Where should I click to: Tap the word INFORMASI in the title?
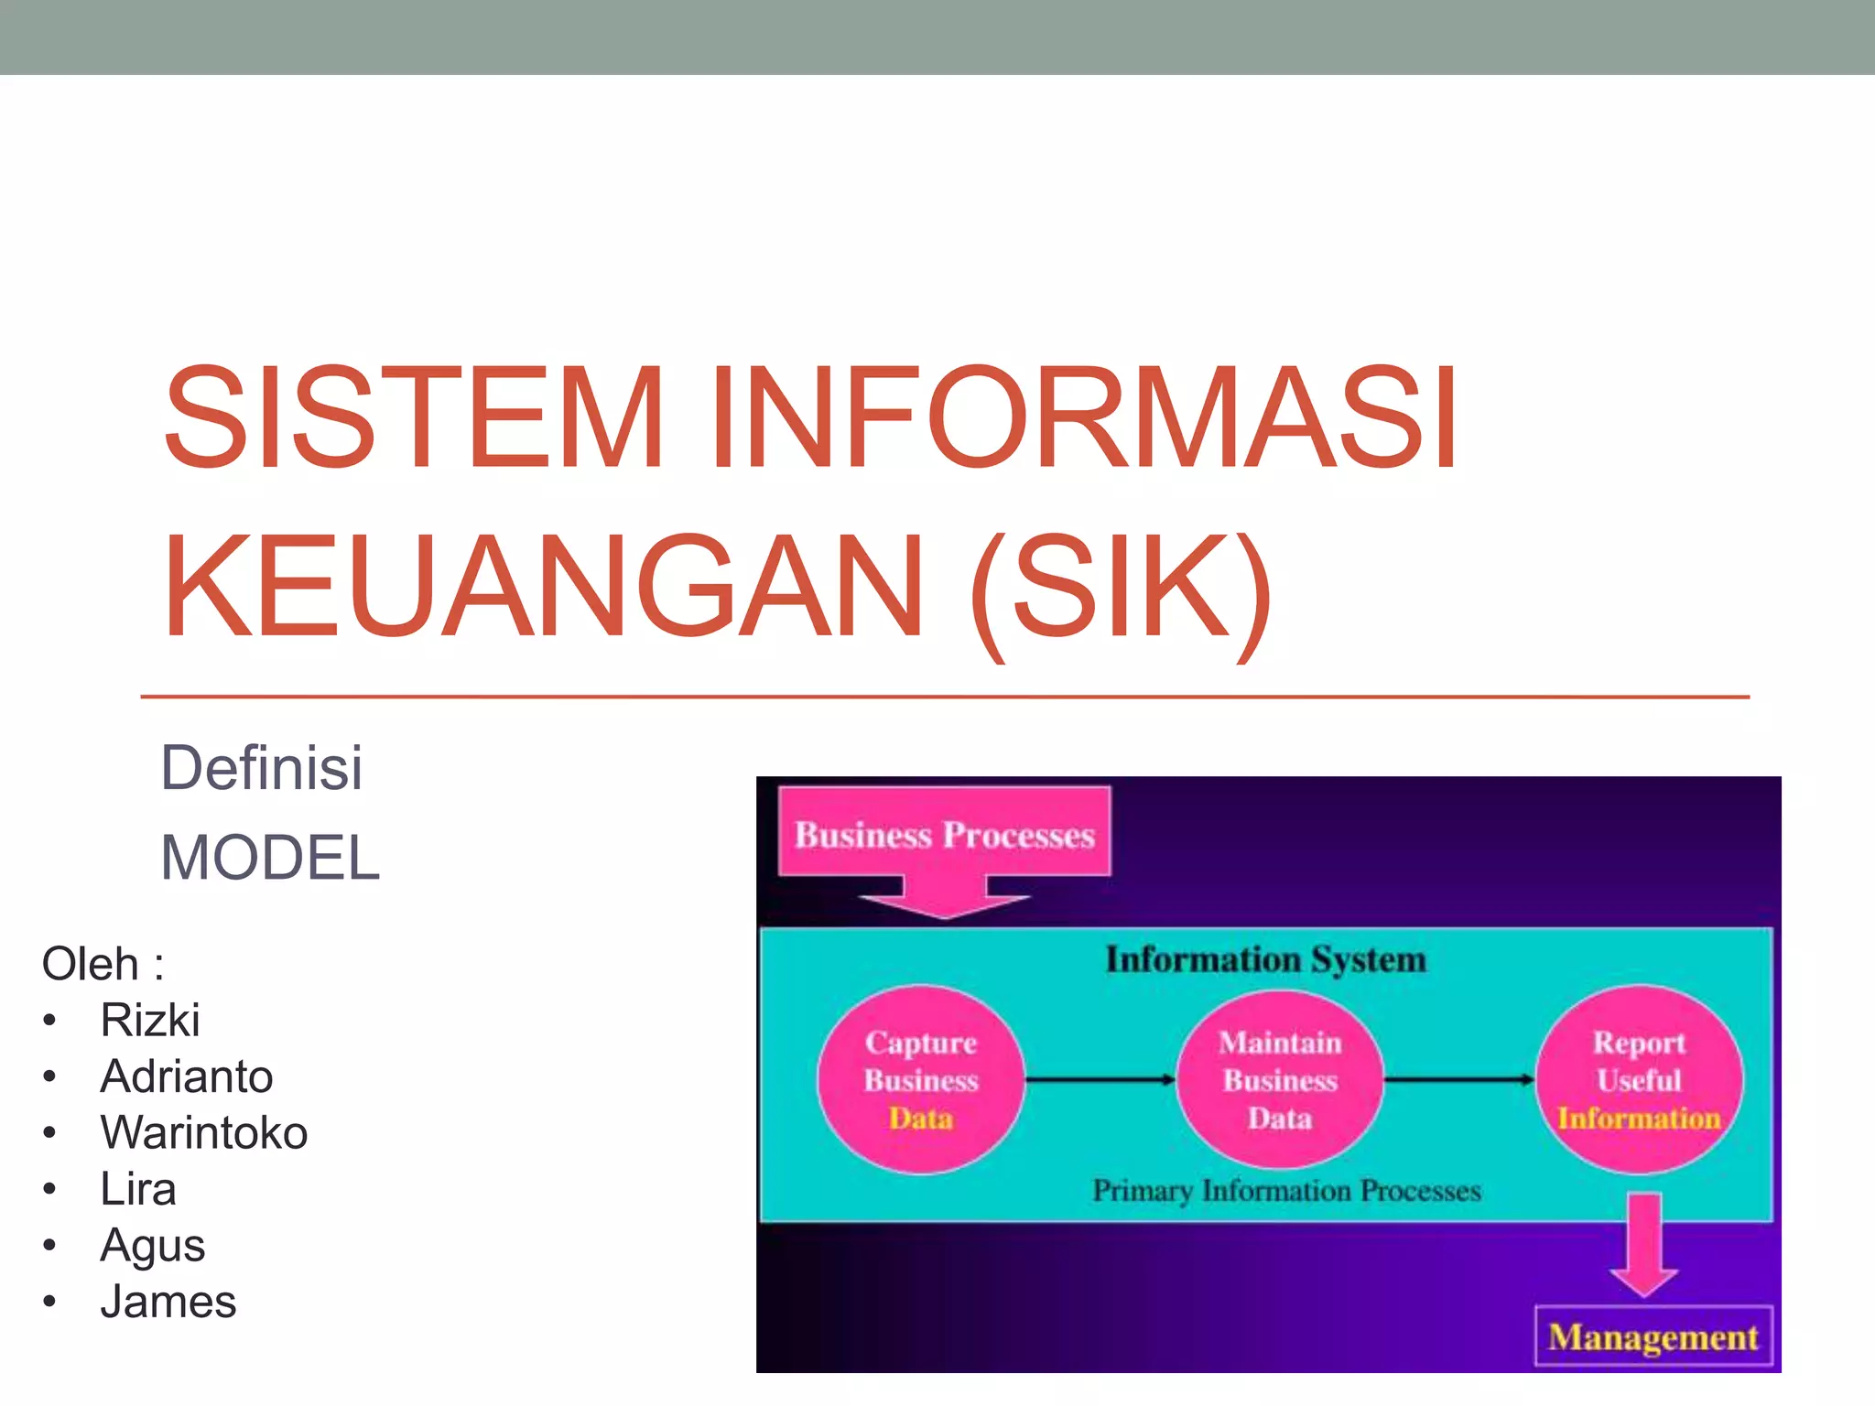pos(1084,417)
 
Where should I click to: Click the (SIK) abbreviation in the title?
pos(1121,588)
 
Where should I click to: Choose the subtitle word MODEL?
pos(270,858)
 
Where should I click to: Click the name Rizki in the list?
pos(150,1020)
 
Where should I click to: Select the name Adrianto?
pos(187,1076)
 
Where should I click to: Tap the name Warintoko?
pos(204,1132)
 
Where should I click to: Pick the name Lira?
pos(138,1189)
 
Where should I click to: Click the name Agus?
pos(153,1246)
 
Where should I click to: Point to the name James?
pos(168,1302)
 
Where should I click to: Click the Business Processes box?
pos(944,834)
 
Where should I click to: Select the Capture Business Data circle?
pos(921,1080)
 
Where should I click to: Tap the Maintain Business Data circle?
pos(1280,1080)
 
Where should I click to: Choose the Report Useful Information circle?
pos(1639,1080)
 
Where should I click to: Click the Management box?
pos(1653,1337)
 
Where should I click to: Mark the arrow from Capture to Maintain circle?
pos(1100,1080)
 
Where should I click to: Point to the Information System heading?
pos(1266,959)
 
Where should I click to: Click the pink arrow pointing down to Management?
pos(1644,1245)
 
